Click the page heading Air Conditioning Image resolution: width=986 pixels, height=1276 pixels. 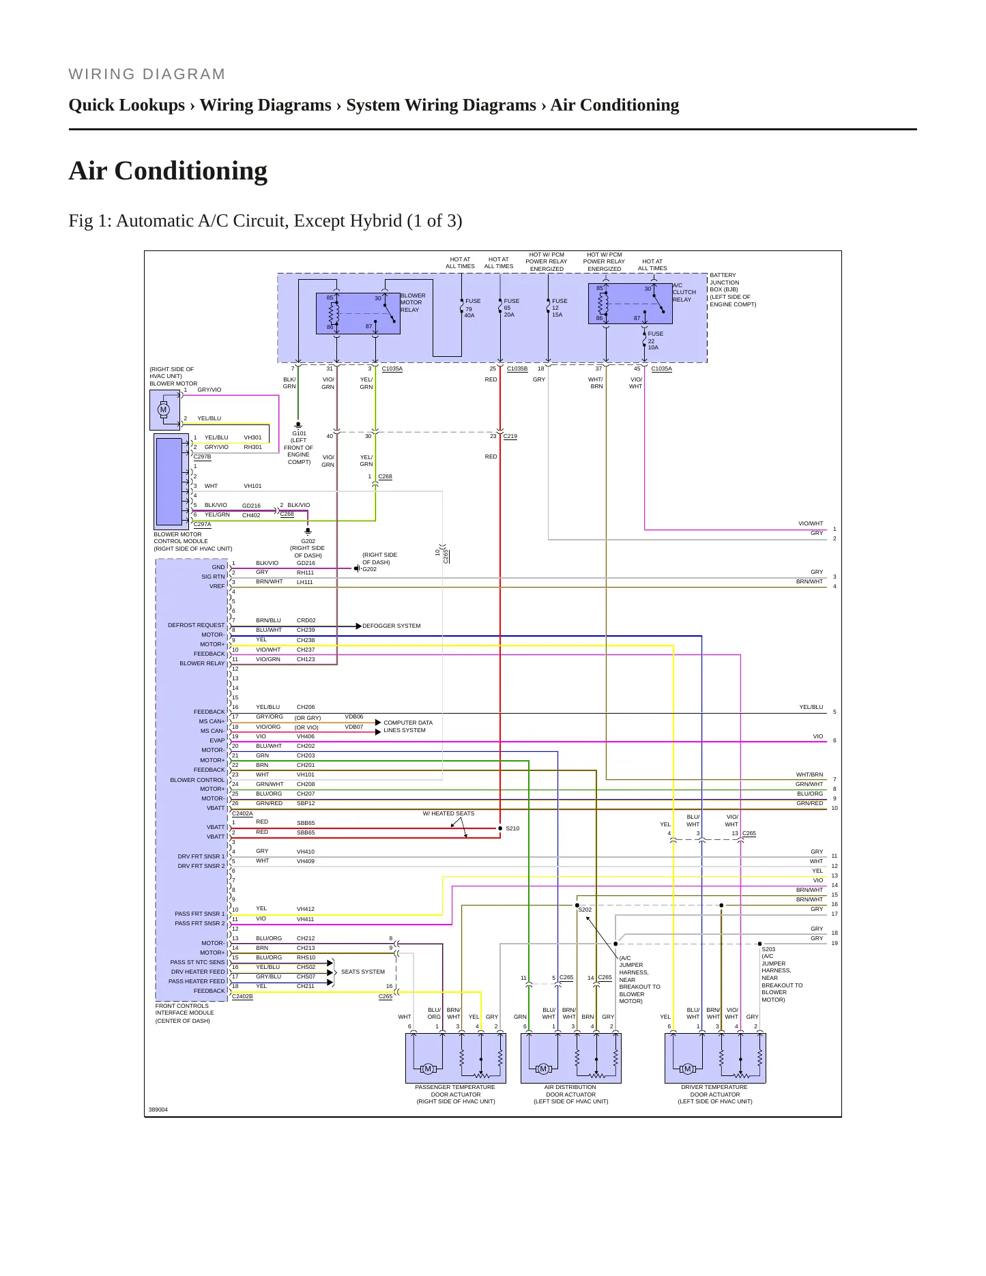coord(168,171)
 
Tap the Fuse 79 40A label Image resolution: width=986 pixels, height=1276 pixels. coord(473,308)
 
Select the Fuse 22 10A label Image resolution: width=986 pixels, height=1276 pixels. coord(656,340)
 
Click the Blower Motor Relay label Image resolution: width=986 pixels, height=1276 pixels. coord(413,303)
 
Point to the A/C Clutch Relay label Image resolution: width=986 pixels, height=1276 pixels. coord(684,293)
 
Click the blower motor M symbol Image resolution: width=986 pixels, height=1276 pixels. coord(163,409)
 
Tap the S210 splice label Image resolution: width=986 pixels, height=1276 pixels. coord(512,828)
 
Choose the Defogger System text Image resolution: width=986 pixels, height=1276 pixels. coord(392,626)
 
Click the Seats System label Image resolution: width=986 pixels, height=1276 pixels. coord(363,972)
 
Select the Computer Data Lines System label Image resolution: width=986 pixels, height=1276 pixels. coord(408,726)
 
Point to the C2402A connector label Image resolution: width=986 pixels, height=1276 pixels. coord(242,813)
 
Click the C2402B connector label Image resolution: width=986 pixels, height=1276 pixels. coord(242,996)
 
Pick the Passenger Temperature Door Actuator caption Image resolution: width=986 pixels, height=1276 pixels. coord(456,1094)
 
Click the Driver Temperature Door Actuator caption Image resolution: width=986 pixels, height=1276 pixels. coord(714,1094)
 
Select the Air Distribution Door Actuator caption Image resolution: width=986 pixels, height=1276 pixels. coord(570,1094)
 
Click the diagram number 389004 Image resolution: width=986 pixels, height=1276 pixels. coord(158,1110)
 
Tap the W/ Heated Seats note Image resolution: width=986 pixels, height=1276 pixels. coord(448,813)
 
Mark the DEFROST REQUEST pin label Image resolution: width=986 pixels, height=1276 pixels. coord(197,625)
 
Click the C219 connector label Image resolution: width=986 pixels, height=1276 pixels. coord(510,436)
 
